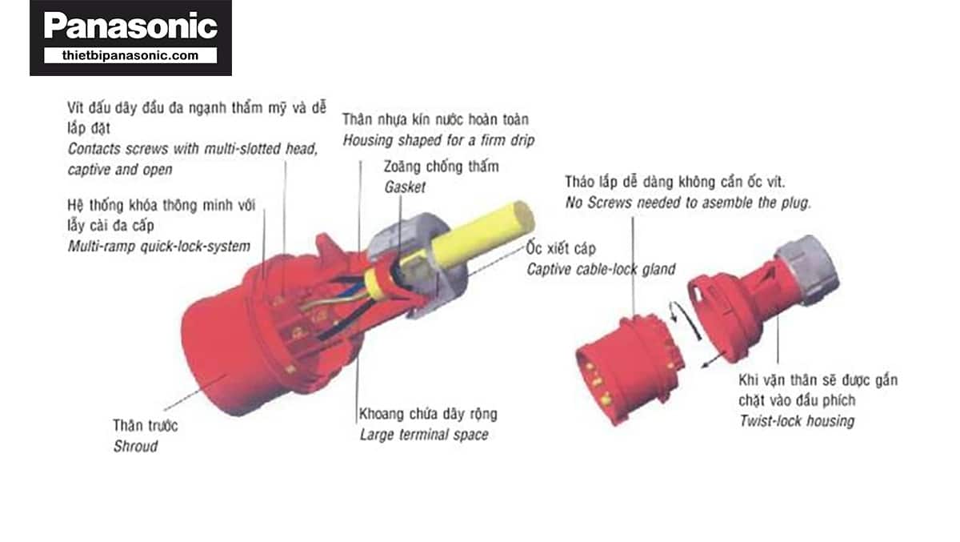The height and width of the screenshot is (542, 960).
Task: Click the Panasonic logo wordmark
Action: coord(130,26)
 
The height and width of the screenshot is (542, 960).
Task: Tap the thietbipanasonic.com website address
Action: coord(130,55)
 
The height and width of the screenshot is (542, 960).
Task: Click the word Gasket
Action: coord(405,187)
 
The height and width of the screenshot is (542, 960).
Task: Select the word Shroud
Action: coord(135,447)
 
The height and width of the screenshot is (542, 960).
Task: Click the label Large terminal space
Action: coord(424,435)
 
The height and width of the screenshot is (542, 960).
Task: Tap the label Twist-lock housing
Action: coord(797,421)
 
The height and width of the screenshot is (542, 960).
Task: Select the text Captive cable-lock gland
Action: coord(601,269)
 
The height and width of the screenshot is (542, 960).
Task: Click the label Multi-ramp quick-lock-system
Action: coord(159,246)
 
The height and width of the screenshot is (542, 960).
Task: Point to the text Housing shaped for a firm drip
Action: coord(438,140)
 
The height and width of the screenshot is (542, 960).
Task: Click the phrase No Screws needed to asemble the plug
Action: coord(688,203)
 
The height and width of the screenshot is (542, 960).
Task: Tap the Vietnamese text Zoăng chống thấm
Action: coord(441,167)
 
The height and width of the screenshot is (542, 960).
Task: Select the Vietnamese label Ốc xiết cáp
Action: coord(561,248)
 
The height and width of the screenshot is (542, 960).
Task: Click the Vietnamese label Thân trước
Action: coord(146,425)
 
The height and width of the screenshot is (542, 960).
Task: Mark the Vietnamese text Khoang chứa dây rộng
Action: coord(428,414)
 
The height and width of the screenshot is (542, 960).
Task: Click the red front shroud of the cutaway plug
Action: coord(223,356)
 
